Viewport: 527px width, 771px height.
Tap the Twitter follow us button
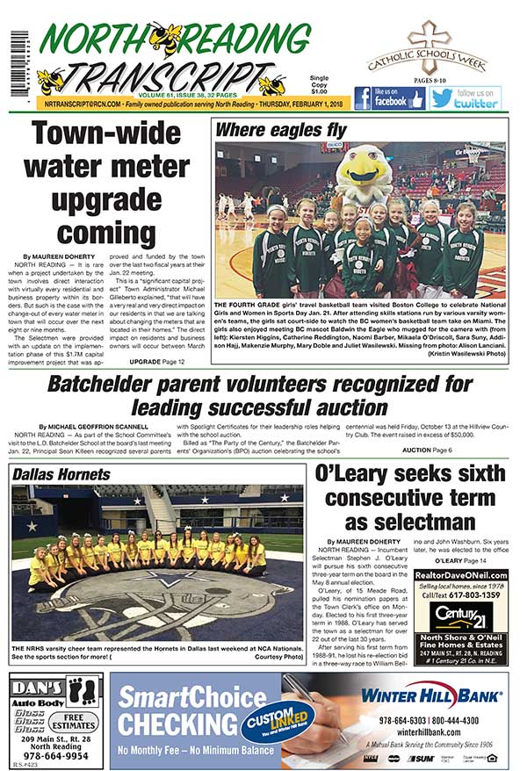pos(465,97)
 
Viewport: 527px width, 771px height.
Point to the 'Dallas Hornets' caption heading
pos(62,474)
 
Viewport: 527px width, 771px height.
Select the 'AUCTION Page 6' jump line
pos(427,450)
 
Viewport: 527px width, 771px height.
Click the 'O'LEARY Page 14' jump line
pos(456,560)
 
